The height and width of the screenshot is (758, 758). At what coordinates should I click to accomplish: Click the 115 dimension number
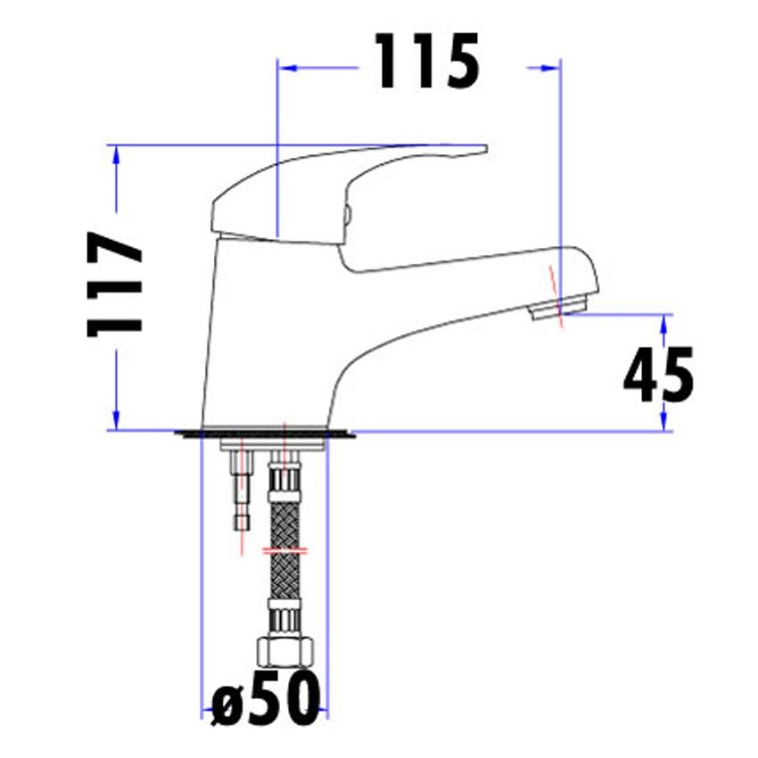428,62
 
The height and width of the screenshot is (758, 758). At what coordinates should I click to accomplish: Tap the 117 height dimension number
114,284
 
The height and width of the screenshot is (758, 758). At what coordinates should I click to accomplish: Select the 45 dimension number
658,375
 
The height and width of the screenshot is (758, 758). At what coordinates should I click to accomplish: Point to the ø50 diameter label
266,698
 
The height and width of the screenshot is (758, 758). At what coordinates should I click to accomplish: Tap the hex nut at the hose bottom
286,652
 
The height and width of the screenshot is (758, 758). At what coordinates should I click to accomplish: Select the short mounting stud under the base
243,490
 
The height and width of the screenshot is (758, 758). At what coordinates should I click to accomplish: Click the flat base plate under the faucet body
265,433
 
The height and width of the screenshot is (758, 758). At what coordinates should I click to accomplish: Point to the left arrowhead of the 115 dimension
289,68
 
